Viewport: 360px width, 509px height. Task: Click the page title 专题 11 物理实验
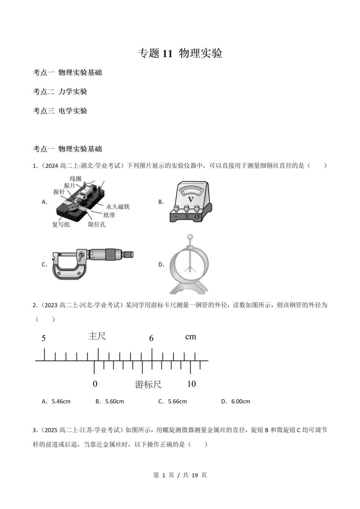point(180,53)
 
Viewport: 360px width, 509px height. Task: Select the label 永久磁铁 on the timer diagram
point(118,207)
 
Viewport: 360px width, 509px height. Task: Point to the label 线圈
point(75,178)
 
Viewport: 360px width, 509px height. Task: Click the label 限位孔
point(97,224)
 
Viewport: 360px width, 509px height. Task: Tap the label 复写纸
point(61,224)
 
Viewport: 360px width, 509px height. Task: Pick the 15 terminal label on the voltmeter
point(197,217)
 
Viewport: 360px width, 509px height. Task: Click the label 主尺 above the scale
point(97,336)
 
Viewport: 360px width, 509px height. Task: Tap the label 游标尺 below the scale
point(148,384)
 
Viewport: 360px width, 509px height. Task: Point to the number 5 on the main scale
point(43,338)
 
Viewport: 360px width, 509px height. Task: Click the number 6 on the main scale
point(151,338)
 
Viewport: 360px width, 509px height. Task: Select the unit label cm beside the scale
point(191,336)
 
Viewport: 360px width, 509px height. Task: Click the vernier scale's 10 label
point(192,384)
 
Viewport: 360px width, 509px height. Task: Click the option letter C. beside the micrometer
point(44,265)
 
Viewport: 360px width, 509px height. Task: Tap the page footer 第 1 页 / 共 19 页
point(180,475)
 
